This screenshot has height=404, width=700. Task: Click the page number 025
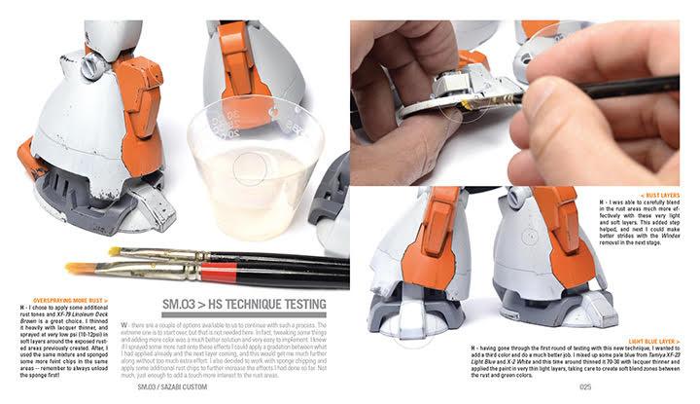[584, 388]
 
